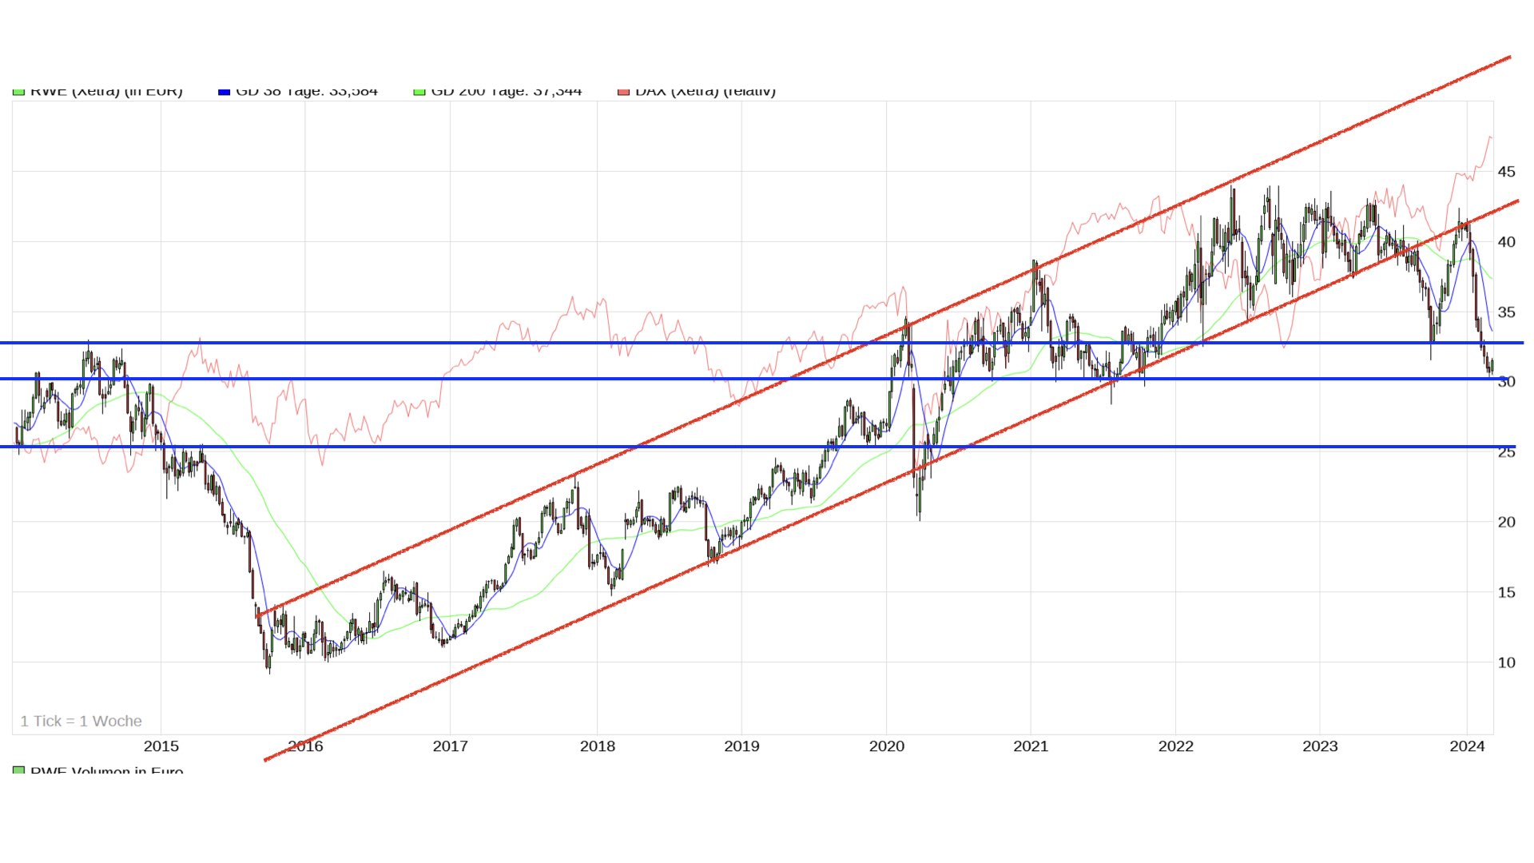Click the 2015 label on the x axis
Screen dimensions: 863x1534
tap(161, 746)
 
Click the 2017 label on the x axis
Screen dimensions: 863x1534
tap(450, 746)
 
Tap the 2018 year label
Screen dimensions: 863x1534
tap(597, 746)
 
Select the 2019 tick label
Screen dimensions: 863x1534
tap(741, 746)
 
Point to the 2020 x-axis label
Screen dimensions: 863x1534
tap(886, 746)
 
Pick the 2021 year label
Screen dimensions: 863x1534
tap(1031, 746)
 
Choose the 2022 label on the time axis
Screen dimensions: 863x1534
tap(1175, 746)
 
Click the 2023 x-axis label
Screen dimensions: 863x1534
tap(1320, 746)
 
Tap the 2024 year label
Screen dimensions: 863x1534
tap(1467, 746)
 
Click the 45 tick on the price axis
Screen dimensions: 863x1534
tap(1506, 172)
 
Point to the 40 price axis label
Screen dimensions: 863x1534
tap(1506, 242)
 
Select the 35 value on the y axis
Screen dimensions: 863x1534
tap(1506, 312)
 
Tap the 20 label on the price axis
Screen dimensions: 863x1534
tap(1506, 523)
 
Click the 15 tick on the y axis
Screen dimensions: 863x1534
tap(1506, 593)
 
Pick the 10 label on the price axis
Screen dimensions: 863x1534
tap(1506, 662)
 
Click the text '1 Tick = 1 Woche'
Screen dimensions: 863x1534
tap(81, 722)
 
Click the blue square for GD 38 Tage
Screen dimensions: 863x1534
tap(224, 92)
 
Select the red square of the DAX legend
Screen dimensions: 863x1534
tap(623, 92)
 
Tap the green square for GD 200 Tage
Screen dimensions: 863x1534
tap(419, 92)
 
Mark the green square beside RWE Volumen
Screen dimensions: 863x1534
tap(18, 770)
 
